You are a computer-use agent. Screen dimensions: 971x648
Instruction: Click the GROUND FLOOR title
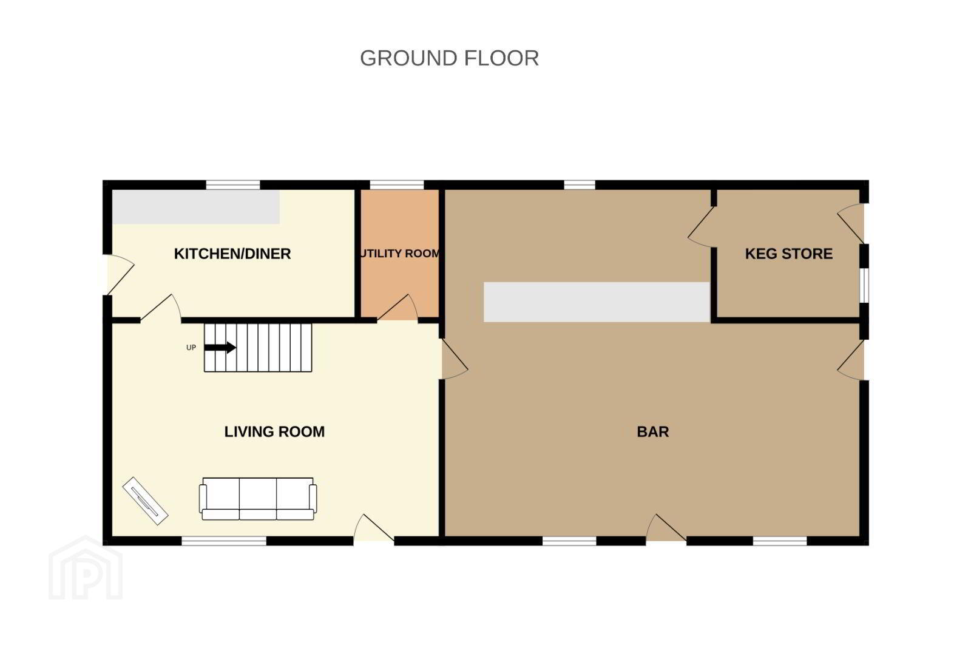(449, 58)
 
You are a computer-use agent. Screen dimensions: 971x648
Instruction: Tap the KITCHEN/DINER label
(232, 254)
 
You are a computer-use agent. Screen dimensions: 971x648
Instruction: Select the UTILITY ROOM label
(400, 253)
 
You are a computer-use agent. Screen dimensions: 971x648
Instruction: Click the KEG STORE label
(788, 254)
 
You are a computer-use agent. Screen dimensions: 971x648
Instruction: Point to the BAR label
(653, 432)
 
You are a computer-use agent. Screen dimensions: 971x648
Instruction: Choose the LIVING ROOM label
(274, 432)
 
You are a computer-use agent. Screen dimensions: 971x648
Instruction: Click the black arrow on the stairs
(220, 347)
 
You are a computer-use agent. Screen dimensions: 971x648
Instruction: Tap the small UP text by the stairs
(191, 348)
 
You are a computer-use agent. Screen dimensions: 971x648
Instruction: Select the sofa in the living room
(258, 499)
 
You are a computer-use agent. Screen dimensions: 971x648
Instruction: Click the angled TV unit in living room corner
(145, 501)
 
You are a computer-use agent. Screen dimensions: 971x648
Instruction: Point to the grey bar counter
(597, 302)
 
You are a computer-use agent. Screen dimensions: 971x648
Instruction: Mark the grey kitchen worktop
(196, 207)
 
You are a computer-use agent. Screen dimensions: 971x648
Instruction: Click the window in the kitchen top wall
(233, 185)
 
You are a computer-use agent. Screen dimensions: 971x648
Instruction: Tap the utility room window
(397, 185)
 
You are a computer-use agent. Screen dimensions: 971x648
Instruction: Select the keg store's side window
(864, 285)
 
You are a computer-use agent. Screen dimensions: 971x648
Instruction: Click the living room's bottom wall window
(224, 541)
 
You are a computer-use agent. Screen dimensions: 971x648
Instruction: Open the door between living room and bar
(455, 359)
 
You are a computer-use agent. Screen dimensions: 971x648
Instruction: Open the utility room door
(398, 308)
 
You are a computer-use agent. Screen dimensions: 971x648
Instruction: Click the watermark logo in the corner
(86, 569)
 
